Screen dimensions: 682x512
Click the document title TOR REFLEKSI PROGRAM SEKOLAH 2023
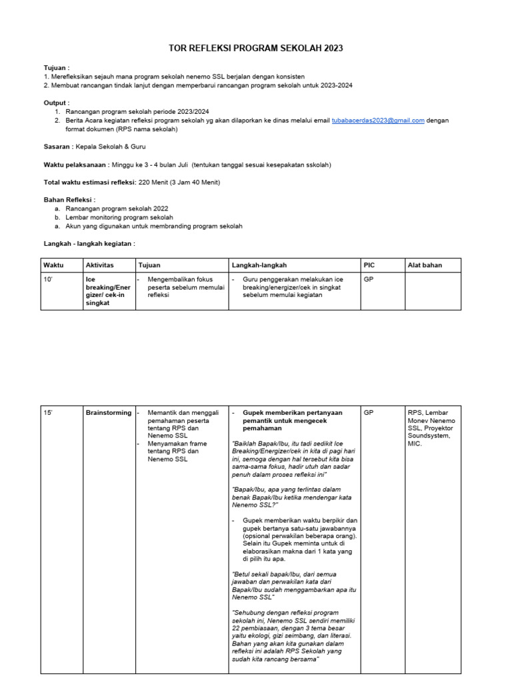point(255,49)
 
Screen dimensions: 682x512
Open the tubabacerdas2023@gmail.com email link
point(378,121)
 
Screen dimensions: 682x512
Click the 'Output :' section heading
point(57,103)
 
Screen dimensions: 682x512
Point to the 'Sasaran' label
point(57,146)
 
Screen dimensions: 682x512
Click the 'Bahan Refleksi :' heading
point(70,199)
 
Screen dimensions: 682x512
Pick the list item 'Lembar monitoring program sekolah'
point(119,217)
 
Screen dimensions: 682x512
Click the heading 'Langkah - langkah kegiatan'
point(89,244)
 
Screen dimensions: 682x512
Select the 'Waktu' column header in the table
point(53,265)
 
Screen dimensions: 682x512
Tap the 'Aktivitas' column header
point(100,265)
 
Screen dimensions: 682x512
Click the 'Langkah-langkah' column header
point(254,265)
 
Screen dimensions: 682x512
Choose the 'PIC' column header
point(369,265)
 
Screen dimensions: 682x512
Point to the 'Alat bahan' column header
point(424,265)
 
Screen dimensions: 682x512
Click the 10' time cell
point(48,280)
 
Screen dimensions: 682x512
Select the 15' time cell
point(48,413)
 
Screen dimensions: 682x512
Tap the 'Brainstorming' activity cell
point(108,413)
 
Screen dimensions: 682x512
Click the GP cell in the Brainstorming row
point(369,413)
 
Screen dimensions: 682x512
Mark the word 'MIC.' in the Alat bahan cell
point(415,444)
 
